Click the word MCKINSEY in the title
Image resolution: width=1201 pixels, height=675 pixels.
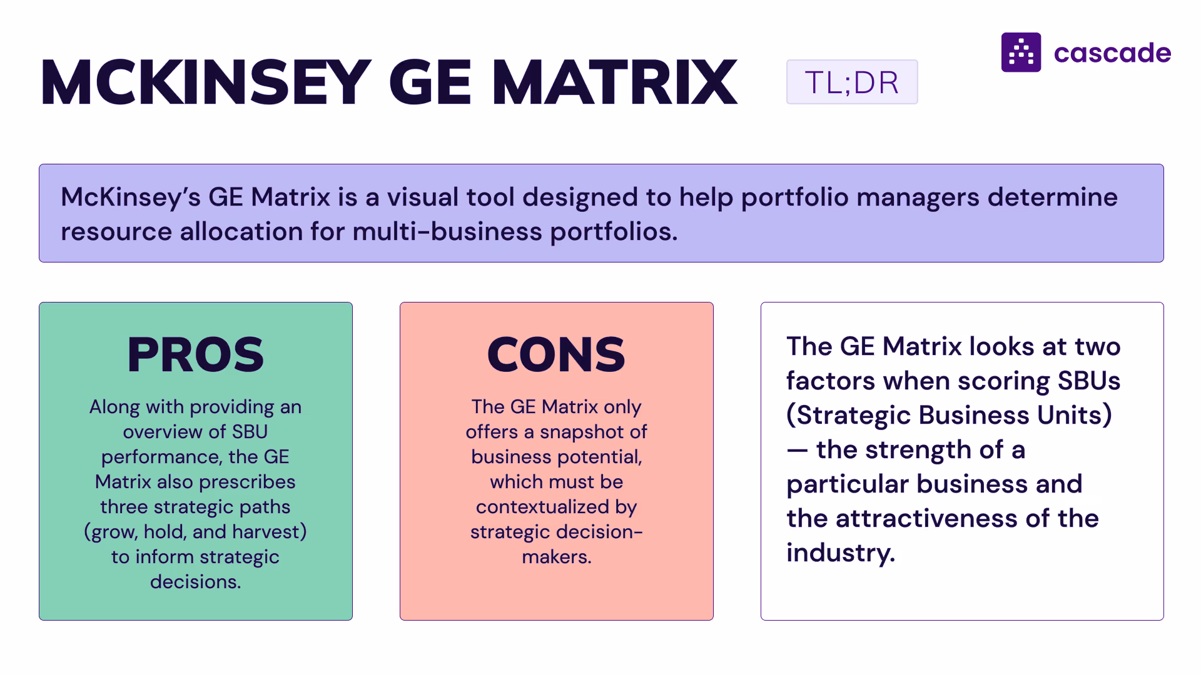point(206,82)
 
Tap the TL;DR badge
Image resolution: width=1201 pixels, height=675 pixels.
point(851,82)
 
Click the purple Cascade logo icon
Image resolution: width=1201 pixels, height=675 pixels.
point(1021,52)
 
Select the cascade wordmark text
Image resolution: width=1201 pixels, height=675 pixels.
point(1112,53)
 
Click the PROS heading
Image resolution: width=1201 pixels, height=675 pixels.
point(195,354)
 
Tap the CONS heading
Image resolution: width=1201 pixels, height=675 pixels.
point(556,354)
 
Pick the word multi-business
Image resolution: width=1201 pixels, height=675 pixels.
point(447,232)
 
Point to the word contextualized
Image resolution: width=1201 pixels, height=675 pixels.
point(542,507)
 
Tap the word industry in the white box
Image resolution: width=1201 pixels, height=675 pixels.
point(840,553)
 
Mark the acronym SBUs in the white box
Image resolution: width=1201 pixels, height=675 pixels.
point(1088,381)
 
